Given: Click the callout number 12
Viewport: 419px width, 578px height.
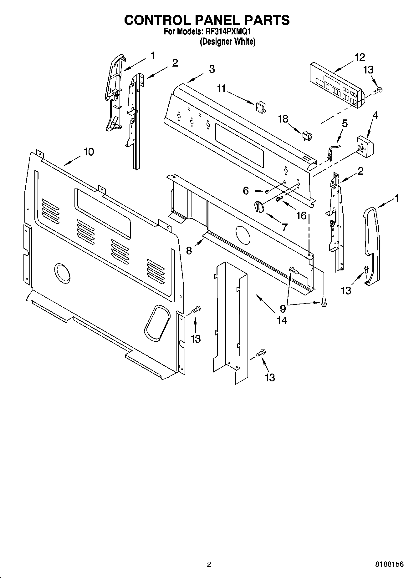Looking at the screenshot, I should (x=360, y=58).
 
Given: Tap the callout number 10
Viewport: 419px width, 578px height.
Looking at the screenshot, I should (x=89, y=152).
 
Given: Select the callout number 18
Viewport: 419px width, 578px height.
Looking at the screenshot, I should (x=283, y=119).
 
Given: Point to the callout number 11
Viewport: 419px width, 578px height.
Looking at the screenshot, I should (x=222, y=89).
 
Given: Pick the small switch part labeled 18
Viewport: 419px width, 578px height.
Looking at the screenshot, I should (x=307, y=136).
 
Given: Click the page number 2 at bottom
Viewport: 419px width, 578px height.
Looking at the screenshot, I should (x=209, y=564).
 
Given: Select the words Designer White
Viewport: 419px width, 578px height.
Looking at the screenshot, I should (x=227, y=42).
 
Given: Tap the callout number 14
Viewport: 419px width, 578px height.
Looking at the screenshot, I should (x=282, y=320).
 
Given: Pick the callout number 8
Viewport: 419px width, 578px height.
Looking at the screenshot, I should (x=189, y=250).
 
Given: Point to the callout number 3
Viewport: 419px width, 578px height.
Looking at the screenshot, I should (x=212, y=69).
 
